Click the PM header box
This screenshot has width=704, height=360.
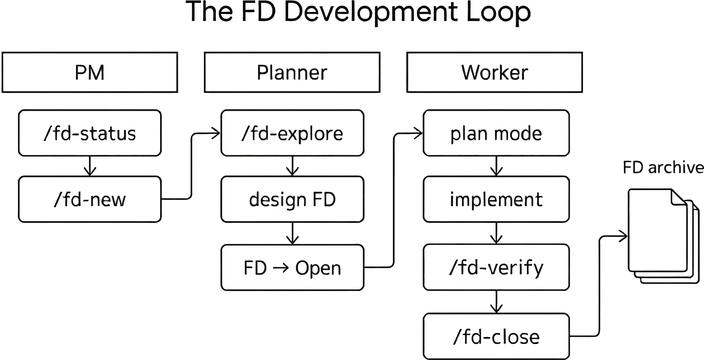tap(90, 72)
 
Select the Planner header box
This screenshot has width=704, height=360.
tap(292, 72)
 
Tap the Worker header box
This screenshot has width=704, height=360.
tap(495, 72)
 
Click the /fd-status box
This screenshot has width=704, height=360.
tap(90, 133)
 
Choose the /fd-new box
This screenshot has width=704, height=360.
tap(90, 199)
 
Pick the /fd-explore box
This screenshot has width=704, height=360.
tap(292, 133)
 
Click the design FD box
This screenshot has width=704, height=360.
tap(292, 199)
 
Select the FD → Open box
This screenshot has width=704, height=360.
tap(292, 267)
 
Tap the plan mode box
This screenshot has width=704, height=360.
tap(496, 133)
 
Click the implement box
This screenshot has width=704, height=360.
tap(496, 199)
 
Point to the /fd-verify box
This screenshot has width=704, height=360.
tap(496, 267)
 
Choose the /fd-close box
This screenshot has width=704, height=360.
tap(496, 337)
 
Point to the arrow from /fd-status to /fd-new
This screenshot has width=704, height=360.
tap(90, 166)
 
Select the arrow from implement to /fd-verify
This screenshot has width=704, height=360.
tap(496, 233)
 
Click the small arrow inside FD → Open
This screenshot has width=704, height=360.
tap(281, 268)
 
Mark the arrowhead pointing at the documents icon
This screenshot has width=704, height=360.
tap(623, 236)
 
